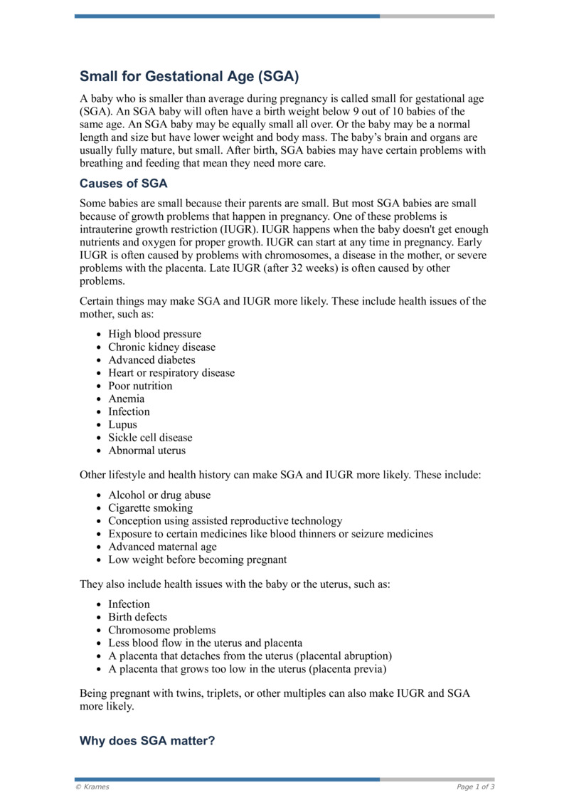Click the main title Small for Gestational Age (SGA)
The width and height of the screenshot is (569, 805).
tap(188, 76)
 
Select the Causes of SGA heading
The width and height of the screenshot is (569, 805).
tap(123, 184)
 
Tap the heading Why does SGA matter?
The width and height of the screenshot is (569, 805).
tap(147, 741)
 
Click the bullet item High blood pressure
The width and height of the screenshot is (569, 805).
tap(154, 335)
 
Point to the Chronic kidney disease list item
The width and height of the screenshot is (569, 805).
tap(161, 347)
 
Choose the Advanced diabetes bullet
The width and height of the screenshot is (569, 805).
tap(151, 360)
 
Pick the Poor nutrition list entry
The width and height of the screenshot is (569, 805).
tap(140, 386)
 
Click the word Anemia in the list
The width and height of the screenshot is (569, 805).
tap(126, 399)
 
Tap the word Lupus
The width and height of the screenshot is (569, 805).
tap(122, 425)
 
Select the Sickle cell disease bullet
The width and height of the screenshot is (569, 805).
tap(150, 438)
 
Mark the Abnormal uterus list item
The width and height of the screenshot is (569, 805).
tap(147, 451)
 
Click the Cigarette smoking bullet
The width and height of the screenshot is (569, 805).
tap(150, 508)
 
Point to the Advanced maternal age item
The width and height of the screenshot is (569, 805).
tap(162, 547)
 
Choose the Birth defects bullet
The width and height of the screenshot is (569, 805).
tap(137, 617)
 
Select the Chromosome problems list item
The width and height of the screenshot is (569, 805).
tap(161, 630)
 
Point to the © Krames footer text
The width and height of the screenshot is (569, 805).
tap(92, 786)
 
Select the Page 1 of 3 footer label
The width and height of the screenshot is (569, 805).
tap(475, 786)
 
